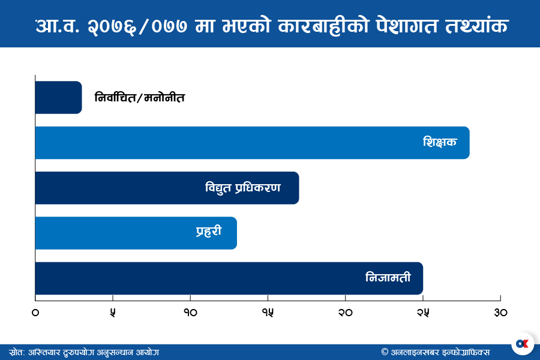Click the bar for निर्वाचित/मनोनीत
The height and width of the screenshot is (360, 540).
58,97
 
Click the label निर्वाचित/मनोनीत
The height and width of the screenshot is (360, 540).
140,97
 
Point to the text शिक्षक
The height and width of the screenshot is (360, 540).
440,143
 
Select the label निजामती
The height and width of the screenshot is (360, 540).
388,278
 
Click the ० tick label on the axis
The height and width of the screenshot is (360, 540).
35,313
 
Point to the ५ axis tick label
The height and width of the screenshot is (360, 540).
113,313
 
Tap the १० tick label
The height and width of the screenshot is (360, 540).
190,313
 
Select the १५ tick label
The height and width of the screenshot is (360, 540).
268,313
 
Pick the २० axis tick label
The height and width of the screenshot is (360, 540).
345,313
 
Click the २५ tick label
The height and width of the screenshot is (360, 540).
422,313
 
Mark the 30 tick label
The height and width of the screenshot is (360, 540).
500,313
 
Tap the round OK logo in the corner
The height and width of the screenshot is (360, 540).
522,343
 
